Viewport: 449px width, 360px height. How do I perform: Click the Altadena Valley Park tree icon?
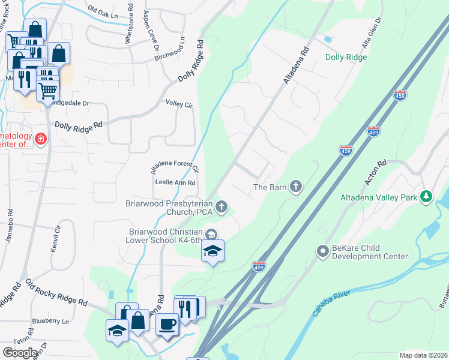pyautogui.click(x=426, y=196)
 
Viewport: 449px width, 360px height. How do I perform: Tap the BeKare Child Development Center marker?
pyautogui.click(x=323, y=250)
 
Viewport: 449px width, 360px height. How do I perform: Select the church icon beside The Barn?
pyautogui.click(x=295, y=187)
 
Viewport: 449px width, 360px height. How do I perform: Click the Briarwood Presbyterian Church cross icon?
pyautogui.click(x=221, y=208)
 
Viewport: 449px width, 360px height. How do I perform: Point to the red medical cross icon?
pyautogui.click(x=41, y=140)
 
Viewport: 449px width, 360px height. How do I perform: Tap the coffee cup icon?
pyautogui.click(x=167, y=324)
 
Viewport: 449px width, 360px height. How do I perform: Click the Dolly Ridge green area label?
pyautogui.click(x=346, y=58)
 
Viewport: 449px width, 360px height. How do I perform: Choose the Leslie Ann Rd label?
pyautogui.click(x=175, y=182)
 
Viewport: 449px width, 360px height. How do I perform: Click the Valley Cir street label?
pyautogui.click(x=179, y=104)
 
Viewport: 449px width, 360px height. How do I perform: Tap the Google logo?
pyautogui.click(x=20, y=352)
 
